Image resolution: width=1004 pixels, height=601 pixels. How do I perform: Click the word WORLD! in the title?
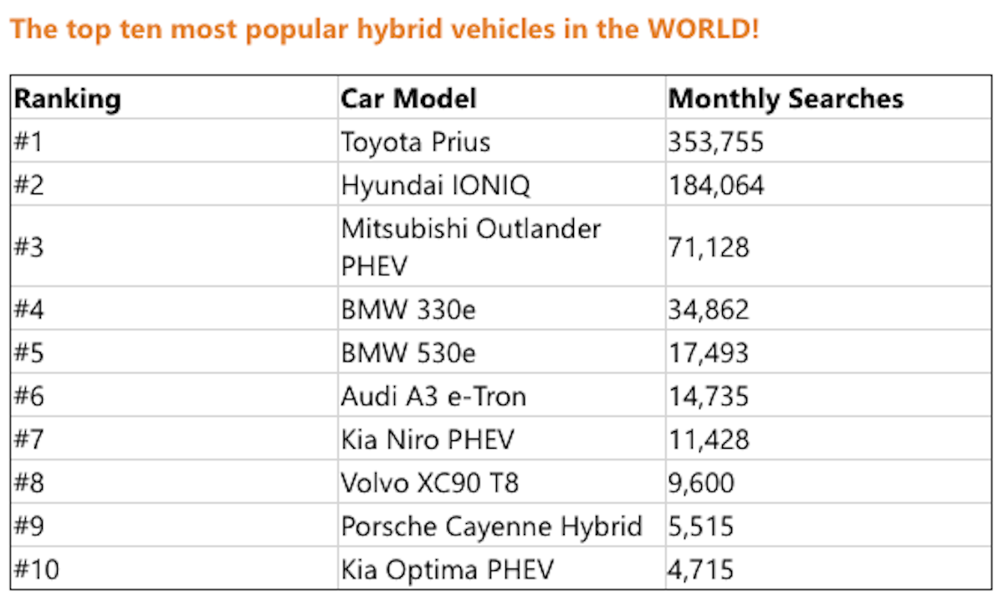coord(704,30)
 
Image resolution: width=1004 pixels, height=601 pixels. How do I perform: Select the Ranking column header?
coord(68,99)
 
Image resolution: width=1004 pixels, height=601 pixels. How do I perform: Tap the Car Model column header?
coord(408,99)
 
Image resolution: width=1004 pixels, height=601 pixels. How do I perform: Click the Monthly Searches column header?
coord(786,99)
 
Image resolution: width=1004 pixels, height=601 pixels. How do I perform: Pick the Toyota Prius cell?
coord(415,142)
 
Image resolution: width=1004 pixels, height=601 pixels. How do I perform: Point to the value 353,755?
coord(715,142)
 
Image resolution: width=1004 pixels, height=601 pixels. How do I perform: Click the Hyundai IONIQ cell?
coord(435,185)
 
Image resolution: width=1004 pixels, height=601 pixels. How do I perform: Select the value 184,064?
coord(715,185)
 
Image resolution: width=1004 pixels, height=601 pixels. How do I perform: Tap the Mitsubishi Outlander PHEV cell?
coord(470,247)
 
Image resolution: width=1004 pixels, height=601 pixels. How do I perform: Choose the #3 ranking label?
coord(28,248)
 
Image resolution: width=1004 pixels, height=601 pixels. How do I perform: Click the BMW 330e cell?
coord(408,311)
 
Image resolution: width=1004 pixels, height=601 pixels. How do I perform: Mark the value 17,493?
coord(708,353)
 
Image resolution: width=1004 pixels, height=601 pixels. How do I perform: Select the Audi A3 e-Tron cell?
coord(433,396)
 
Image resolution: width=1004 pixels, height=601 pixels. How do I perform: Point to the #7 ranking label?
coord(28,439)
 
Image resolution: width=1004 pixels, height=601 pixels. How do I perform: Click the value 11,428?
coord(708,439)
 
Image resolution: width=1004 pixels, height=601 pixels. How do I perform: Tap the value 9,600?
coord(700,483)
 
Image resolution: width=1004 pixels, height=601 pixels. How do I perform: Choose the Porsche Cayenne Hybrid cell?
coord(491,527)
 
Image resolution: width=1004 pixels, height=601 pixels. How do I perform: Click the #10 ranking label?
coord(37,570)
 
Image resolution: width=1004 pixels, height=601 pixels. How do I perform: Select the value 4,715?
coord(700,570)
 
